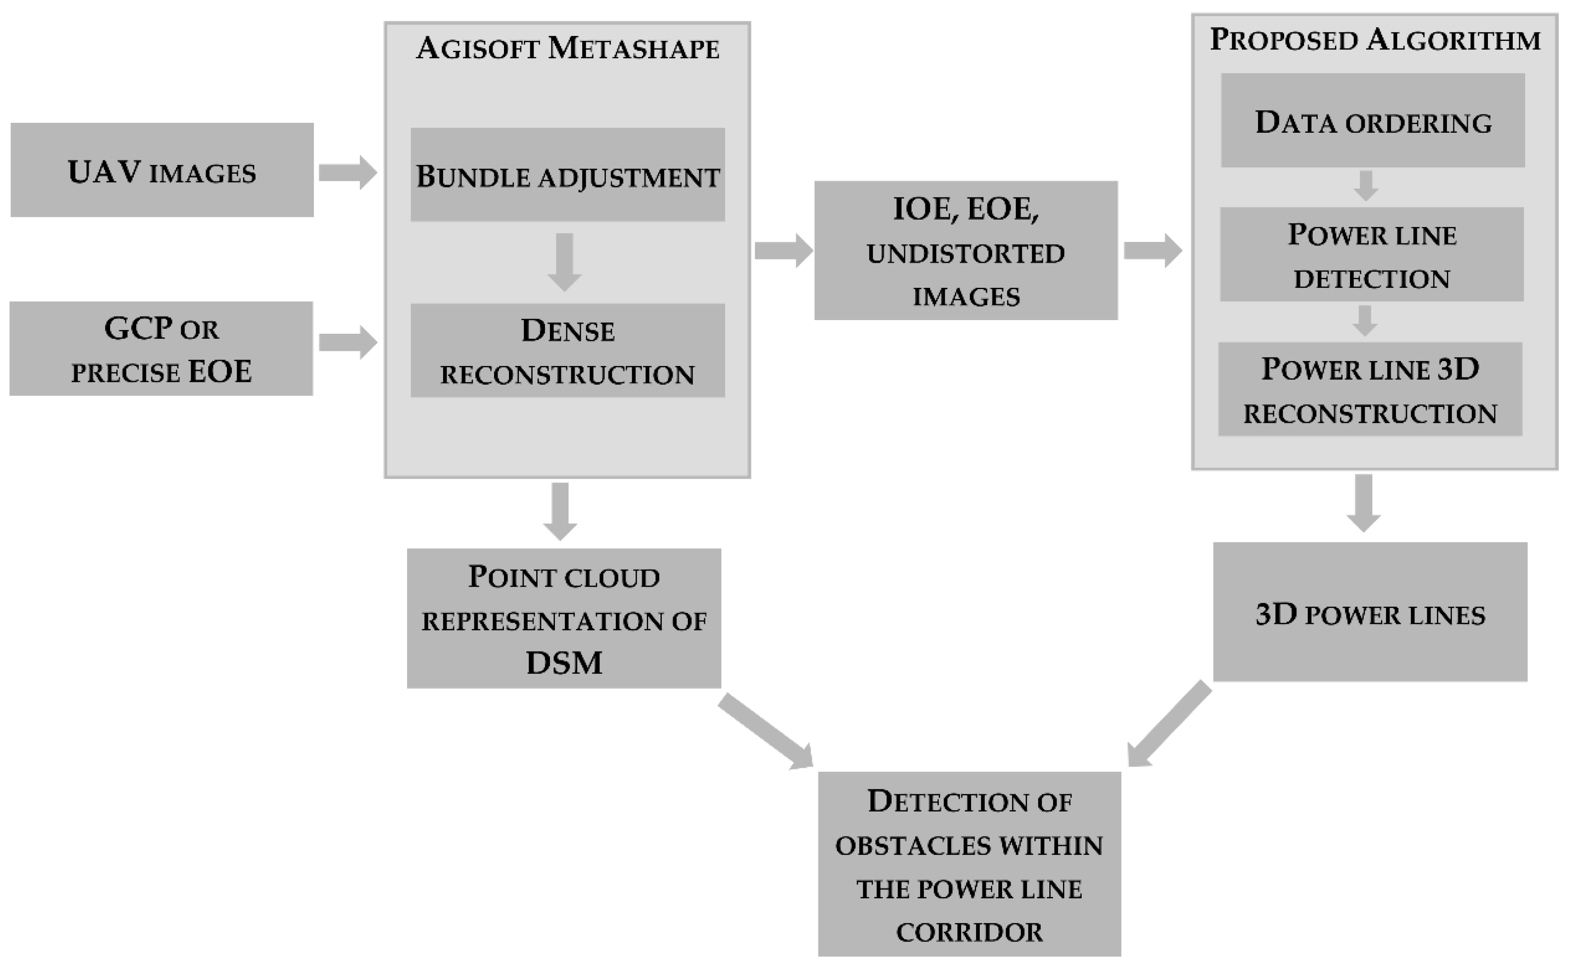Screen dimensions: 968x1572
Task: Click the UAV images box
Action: point(162,171)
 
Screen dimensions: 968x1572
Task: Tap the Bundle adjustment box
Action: point(567,175)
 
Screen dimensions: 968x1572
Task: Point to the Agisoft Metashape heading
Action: point(567,49)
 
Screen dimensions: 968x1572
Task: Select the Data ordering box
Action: point(1372,120)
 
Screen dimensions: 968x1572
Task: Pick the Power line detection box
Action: point(1371,254)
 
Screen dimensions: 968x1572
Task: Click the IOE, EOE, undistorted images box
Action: point(966,251)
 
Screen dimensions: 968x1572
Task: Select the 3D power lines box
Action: point(1370,613)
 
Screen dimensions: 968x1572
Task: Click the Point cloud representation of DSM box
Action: point(564,618)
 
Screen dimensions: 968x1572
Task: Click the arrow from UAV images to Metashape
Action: point(348,172)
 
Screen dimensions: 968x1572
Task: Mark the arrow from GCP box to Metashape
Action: point(348,342)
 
